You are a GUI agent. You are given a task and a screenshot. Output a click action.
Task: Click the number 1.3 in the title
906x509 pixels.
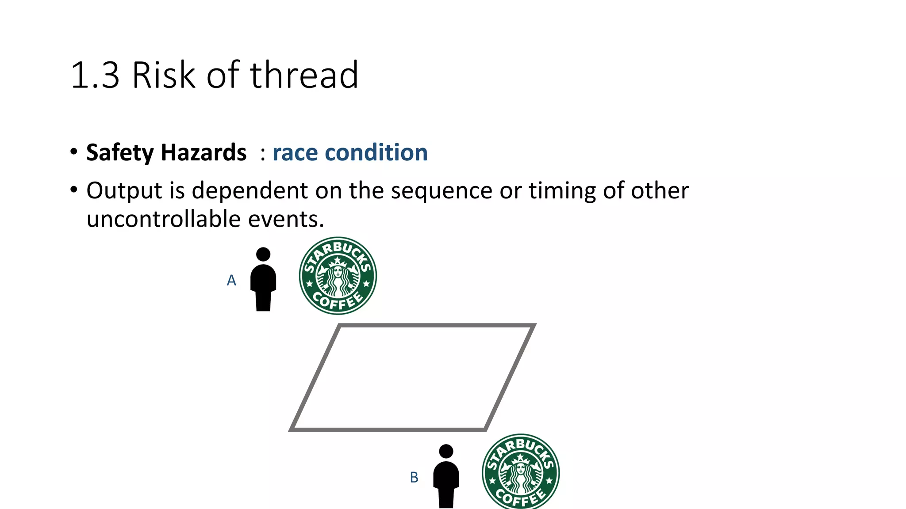tap(95, 75)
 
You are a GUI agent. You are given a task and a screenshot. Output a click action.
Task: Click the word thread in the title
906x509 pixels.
tap(304, 75)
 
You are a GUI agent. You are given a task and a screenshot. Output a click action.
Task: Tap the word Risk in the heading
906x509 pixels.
tap(164, 75)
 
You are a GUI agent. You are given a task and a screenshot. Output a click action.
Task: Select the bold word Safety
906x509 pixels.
tap(120, 153)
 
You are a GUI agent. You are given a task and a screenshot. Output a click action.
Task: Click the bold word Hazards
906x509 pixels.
tap(203, 153)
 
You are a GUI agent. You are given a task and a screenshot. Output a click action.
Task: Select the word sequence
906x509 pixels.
tap(441, 191)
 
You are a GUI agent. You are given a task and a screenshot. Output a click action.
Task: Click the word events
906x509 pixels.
tap(286, 219)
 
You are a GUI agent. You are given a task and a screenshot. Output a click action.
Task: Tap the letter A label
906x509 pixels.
tap(231, 281)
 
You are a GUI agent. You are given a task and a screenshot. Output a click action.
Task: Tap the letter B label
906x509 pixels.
tap(414, 478)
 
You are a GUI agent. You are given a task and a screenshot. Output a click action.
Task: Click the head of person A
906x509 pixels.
tap(263, 254)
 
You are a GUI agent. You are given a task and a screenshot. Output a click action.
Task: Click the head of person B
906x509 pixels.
tap(446, 451)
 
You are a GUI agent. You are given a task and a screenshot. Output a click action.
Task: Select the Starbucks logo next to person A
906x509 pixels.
tap(338, 276)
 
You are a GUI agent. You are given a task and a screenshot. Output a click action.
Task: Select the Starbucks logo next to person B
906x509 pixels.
tap(521, 472)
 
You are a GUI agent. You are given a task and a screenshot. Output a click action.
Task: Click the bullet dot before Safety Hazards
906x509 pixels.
tap(74, 152)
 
